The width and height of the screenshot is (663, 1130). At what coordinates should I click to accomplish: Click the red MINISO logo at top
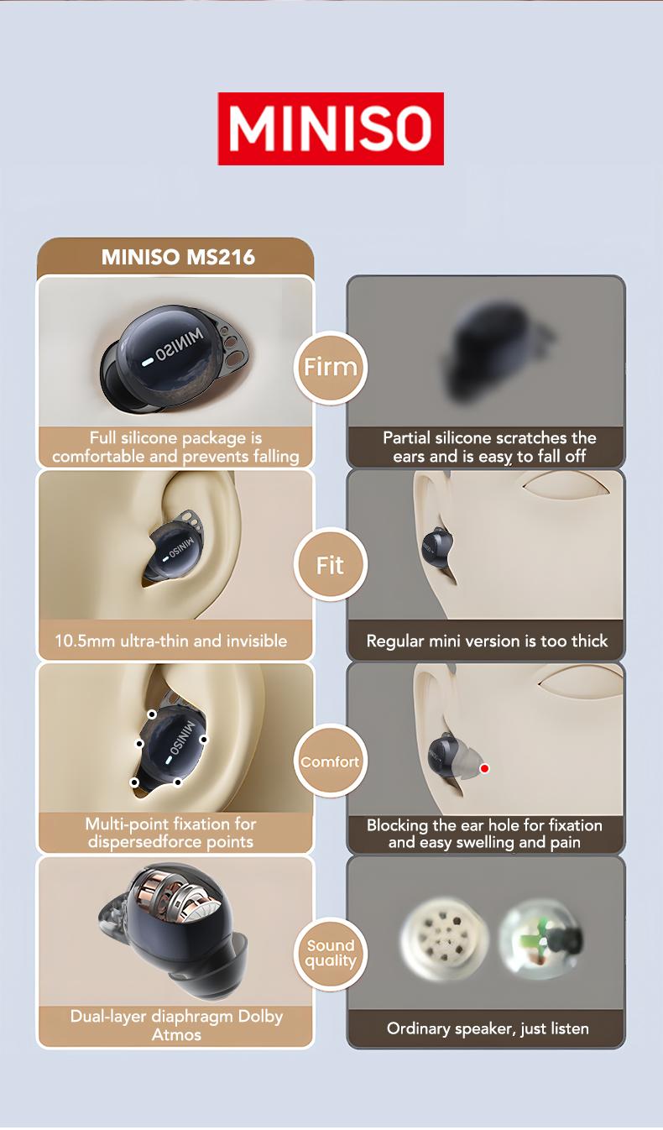coord(331,128)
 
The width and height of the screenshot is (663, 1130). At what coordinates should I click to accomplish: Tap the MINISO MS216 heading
coord(178,257)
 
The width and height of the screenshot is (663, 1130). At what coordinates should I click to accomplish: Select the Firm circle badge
coord(331,367)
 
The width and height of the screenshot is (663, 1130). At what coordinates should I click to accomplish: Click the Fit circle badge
coord(331,565)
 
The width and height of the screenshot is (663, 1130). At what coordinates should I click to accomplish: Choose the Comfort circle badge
coord(330,762)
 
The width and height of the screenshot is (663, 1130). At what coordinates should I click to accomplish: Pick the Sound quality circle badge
coord(331,954)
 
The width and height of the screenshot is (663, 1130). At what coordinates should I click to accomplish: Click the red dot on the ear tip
coord(484,768)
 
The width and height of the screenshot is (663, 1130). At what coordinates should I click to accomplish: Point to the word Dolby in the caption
coord(261,1017)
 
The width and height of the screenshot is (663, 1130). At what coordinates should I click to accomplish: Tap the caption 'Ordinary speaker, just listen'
coord(488,1028)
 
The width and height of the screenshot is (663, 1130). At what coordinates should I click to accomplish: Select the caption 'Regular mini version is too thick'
coord(487,641)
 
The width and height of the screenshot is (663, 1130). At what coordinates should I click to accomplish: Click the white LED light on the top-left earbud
coord(148,360)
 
